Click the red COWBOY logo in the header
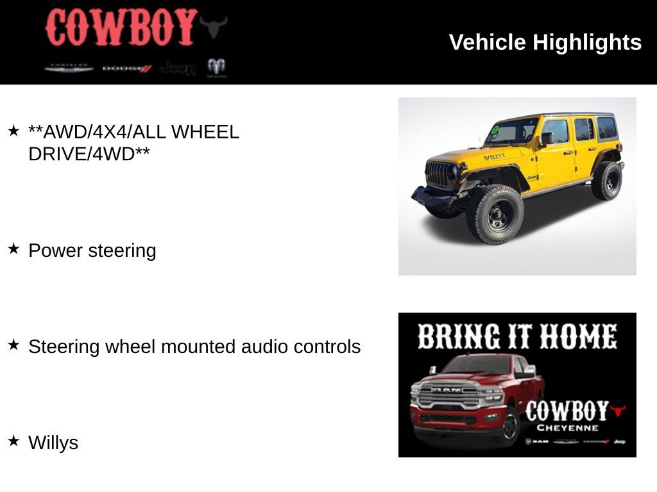[x=120, y=28]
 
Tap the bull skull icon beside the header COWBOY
[x=213, y=26]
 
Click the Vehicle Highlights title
[x=545, y=42]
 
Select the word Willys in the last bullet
[x=53, y=443]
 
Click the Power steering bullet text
[x=92, y=250]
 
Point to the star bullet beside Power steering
[x=13, y=249]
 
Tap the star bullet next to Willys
[x=13, y=441]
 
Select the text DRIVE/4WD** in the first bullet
[x=89, y=154]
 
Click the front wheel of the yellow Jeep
[x=496, y=215]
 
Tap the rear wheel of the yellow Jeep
[x=606, y=181]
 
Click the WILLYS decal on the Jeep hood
[x=493, y=156]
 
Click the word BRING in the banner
[x=458, y=337]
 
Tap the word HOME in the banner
[x=578, y=337]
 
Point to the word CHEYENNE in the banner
[x=567, y=428]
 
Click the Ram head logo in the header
[x=216, y=67]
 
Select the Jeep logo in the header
[x=178, y=68]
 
